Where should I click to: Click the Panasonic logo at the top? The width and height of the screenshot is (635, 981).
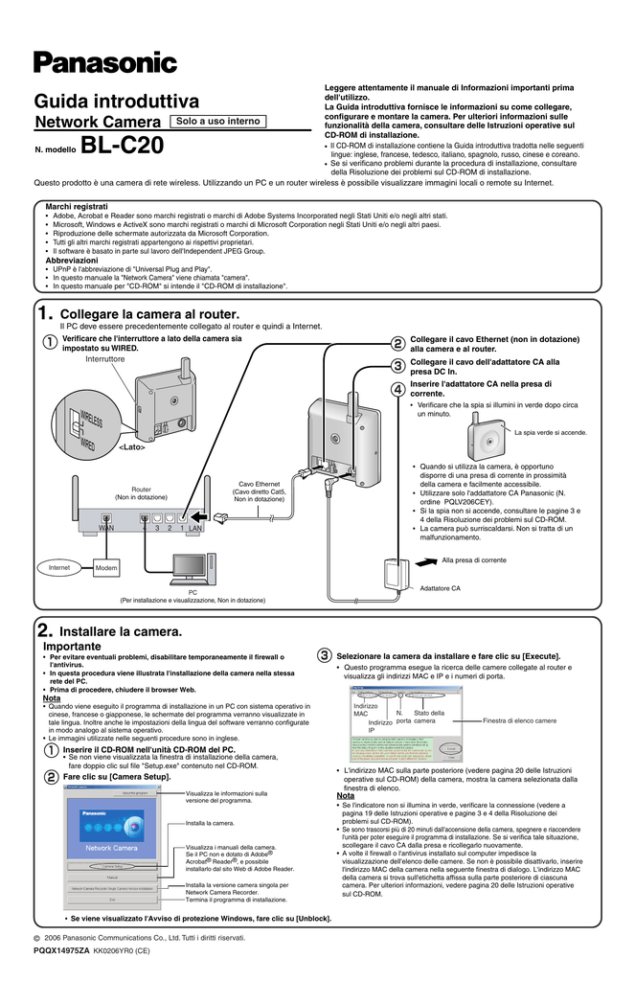105,63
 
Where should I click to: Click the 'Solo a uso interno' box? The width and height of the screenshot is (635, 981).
217,122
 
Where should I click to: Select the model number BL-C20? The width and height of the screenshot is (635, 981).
123,147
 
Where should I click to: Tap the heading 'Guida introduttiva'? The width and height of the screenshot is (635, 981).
117,102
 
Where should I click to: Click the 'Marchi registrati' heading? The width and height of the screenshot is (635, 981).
77,207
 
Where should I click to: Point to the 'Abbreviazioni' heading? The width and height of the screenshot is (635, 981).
72,260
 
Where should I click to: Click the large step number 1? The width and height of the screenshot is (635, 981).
44,313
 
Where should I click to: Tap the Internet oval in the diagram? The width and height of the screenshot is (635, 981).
59,568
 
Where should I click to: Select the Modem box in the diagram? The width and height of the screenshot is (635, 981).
106,569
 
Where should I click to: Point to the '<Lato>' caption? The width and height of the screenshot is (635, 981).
131,446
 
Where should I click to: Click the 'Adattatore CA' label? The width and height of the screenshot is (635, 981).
441,587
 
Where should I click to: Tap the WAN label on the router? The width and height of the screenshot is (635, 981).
106,528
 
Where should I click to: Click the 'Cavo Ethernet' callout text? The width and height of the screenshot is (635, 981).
260,485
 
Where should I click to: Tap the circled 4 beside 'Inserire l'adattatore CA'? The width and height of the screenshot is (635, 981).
397,388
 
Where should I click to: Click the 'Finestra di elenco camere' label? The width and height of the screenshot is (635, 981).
520,720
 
